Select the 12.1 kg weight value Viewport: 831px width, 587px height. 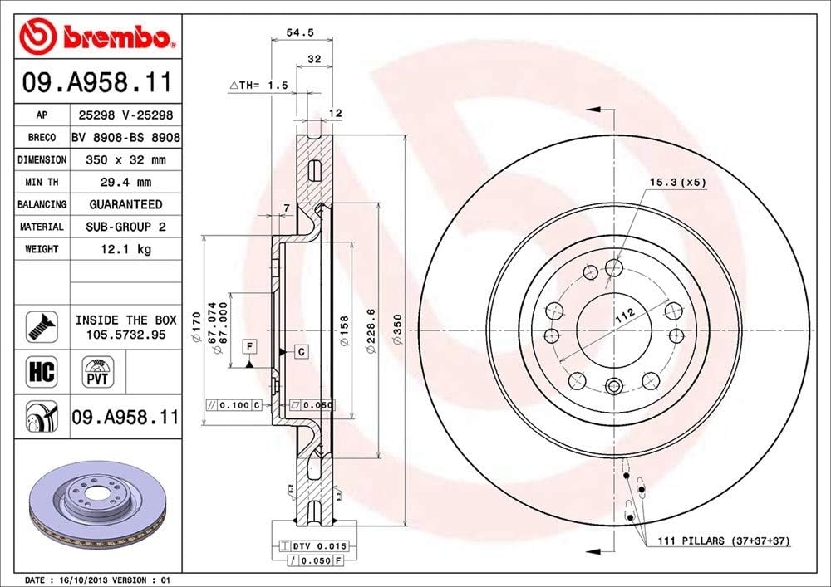[x=125, y=248]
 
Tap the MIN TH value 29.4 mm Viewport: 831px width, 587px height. [x=125, y=182]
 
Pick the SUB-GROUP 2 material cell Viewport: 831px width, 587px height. [x=125, y=226]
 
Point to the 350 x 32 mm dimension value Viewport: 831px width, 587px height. [x=125, y=159]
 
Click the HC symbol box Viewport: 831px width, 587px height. [x=42, y=371]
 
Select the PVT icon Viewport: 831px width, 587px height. [x=96, y=370]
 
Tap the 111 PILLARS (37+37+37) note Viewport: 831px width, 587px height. [x=723, y=541]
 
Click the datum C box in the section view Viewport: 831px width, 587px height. [x=301, y=352]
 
